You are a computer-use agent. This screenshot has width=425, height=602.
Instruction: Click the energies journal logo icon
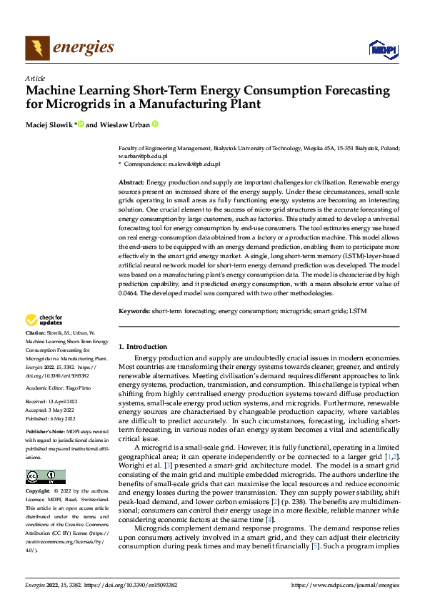click(37, 47)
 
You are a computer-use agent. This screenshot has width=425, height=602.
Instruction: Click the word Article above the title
click(35, 78)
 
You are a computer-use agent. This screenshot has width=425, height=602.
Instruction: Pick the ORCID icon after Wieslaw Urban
click(154, 124)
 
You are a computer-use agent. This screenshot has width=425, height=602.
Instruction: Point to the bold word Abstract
click(131, 184)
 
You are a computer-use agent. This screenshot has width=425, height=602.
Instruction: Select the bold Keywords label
click(134, 312)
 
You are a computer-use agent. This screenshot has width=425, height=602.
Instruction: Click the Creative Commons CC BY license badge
click(45, 477)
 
